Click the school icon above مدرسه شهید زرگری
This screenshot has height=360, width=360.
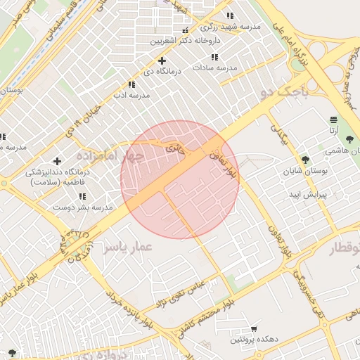(x=229, y=15)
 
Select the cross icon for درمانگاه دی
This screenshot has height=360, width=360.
(x=162, y=60)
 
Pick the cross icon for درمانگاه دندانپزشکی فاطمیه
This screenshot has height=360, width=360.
(x=57, y=162)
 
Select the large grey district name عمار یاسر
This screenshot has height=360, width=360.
(x=127, y=247)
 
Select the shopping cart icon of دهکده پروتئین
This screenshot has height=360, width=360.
(x=254, y=328)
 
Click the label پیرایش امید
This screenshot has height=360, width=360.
(x=310, y=193)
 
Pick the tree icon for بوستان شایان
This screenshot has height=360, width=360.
(x=304, y=160)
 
